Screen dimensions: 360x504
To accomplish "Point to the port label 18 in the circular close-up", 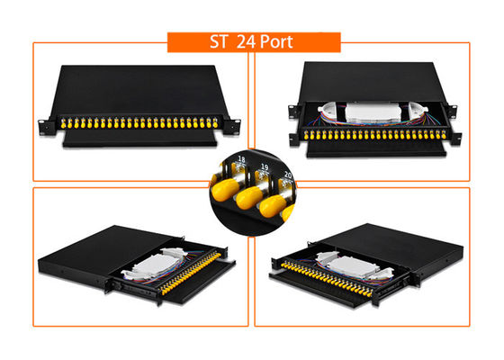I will [x=240, y=160].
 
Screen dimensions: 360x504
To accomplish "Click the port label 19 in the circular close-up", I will [x=265, y=167].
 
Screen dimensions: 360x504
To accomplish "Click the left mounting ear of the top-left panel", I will [x=44, y=122].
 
